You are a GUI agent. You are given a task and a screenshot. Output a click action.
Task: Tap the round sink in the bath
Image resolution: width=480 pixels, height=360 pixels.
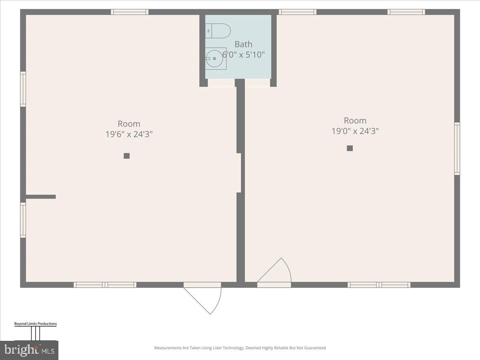(214, 59)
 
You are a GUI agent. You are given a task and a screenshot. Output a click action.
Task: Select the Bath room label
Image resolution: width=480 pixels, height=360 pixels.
(243, 44)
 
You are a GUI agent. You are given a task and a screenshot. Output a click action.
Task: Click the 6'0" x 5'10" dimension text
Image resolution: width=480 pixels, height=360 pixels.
(244, 54)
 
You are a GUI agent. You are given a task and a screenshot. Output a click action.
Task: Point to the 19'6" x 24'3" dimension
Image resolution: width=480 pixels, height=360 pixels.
(129, 134)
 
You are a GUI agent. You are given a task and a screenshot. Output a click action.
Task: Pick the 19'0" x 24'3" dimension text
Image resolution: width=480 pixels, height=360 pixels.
(355, 131)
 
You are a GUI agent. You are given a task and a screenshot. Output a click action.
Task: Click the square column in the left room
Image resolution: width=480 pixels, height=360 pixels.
(126, 156)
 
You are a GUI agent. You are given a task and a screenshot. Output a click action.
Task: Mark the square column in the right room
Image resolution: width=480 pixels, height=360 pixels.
(350, 148)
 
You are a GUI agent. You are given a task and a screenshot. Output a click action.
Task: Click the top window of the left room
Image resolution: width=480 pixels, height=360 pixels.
(130, 12)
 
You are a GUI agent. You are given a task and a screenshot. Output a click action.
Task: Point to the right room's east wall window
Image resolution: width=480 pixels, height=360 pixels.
(457, 149)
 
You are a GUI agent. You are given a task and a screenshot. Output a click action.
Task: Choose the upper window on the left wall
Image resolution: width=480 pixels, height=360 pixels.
(23, 89)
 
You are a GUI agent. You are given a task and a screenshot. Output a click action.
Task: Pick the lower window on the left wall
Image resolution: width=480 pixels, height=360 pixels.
(23, 220)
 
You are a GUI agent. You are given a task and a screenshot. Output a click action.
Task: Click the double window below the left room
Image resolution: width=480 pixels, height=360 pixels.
(105, 285)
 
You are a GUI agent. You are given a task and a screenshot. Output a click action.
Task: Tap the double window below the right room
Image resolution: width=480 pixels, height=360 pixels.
(379, 285)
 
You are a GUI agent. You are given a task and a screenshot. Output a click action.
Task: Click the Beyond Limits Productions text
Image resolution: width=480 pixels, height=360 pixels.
(36, 324)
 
